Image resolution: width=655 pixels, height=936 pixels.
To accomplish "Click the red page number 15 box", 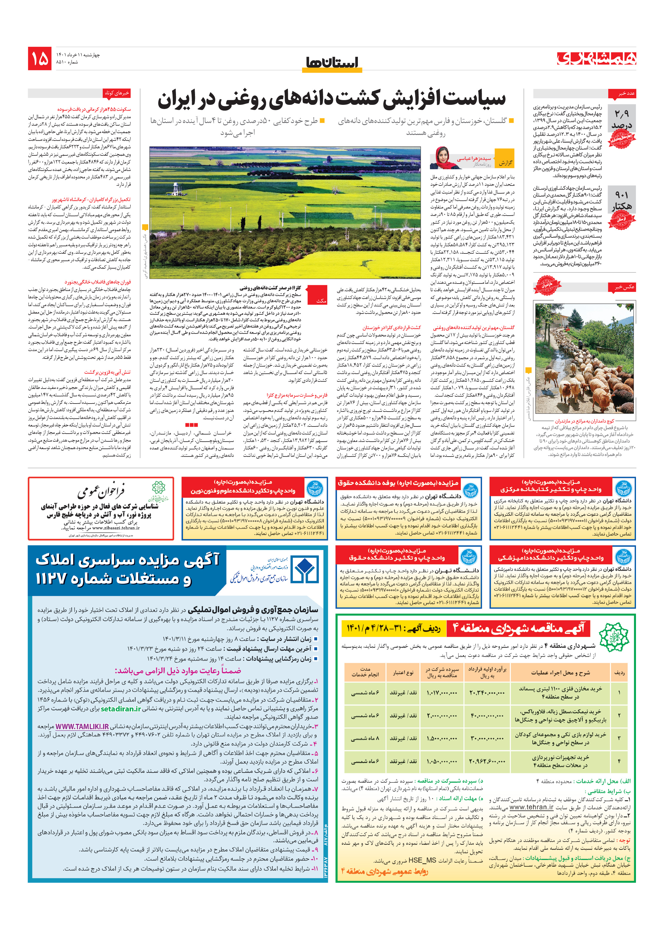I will (40, 58).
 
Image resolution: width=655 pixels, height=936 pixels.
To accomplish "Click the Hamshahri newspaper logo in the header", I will (596, 59).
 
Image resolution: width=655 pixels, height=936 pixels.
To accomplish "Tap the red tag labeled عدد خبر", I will (622, 94).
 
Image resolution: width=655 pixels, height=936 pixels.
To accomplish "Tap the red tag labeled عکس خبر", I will (622, 287).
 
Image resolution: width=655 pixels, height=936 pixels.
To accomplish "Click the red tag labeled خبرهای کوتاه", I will (117, 93).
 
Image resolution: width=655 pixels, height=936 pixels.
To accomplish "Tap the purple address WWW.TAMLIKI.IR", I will (82, 726).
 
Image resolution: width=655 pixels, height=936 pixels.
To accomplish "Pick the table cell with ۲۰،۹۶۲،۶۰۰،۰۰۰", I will (487, 761).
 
